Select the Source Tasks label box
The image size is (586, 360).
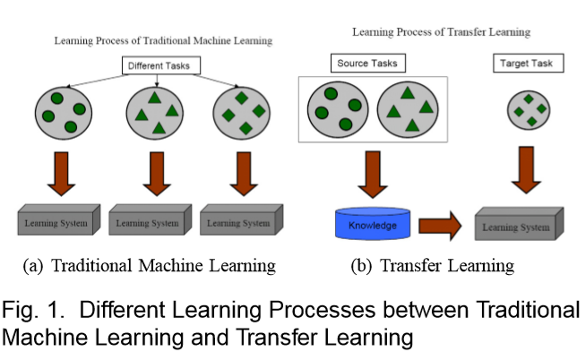(x=366, y=64)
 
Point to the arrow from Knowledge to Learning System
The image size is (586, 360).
(x=439, y=226)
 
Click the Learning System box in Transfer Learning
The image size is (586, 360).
(x=518, y=225)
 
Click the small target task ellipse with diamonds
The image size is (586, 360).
(x=528, y=109)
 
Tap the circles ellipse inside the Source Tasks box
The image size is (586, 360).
(x=334, y=109)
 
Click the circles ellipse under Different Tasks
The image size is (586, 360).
(x=64, y=110)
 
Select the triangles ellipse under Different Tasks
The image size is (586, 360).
(x=151, y=112)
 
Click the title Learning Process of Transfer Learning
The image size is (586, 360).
(x=441, y=32)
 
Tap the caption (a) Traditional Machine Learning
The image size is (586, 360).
(x=149, y=266)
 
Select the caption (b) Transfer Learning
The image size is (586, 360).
(x=435, y=266)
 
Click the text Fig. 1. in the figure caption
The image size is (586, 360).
(x=29, y=313)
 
